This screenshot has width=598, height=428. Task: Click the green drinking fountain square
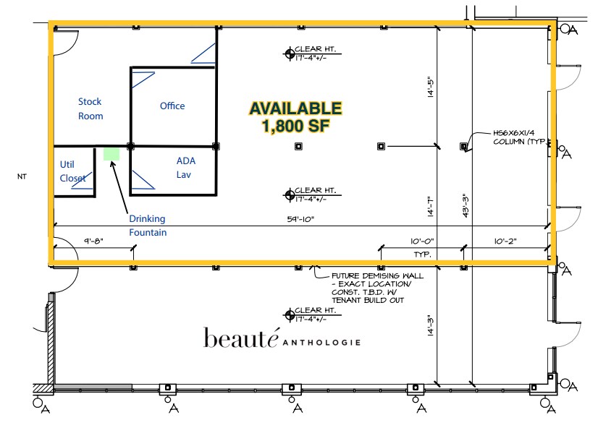pyautogui.click(x=111, y=154)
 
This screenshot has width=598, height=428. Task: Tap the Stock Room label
pyautogui.click(x=90, y=109)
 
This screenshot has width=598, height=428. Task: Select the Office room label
pyautogui.click(x=172, y=106)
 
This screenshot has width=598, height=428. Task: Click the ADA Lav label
pyautogui.click(x=186, y=167)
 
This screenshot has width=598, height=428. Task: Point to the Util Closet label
pyautogui.click(x=72, y=171)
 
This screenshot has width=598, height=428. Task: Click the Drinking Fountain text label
pyautogui.click(x=147, y=225)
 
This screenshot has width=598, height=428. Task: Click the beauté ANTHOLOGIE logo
pyautogui.click(x=282, y=338)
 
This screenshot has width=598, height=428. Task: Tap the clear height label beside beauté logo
pyautogui.click(x=313, y=314)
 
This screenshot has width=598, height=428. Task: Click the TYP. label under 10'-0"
pyautogui.click(x=422, y=255)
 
